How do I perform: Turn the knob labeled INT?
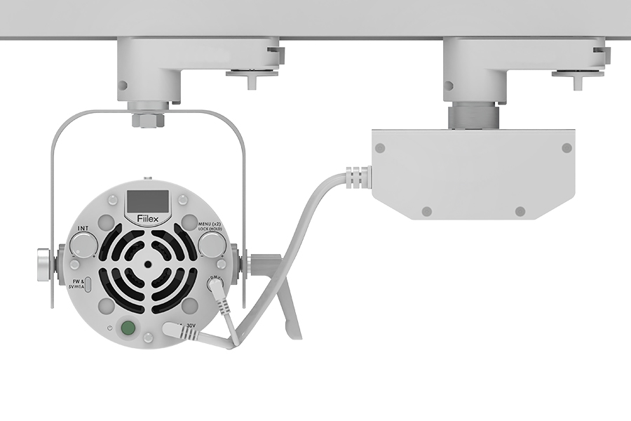point(83,245)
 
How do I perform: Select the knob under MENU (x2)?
point(210,244)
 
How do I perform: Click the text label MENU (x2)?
point(212,223)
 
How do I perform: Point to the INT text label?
point(83,229)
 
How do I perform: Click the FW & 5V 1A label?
point(77,283)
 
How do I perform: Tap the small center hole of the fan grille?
point(148,265)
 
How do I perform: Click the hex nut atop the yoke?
point(147,119)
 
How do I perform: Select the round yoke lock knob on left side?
point(43,265)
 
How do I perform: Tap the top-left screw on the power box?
point(380,148)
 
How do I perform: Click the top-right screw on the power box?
point(566,148)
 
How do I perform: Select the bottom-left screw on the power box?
point(426,211)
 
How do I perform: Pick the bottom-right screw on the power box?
point(520,211)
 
